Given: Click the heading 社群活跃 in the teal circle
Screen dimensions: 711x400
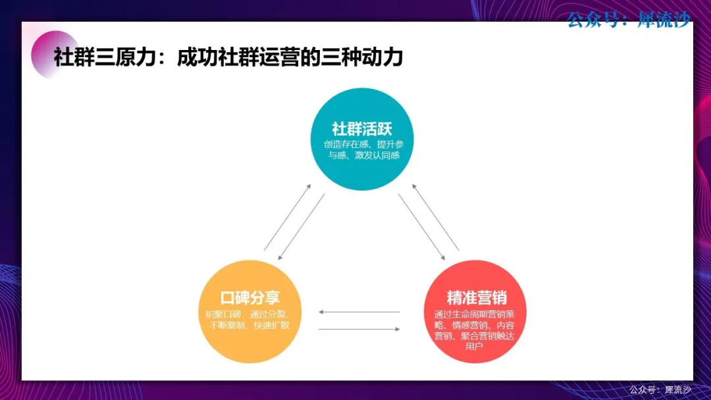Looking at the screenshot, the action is point(362,129).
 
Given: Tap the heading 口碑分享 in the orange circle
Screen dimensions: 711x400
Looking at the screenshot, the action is point(250,297).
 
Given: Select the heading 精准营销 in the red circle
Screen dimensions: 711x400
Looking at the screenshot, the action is point(477,297).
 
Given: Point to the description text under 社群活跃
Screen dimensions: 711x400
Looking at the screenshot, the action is point(363,149).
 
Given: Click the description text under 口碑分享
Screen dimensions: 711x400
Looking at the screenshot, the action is point(248,319).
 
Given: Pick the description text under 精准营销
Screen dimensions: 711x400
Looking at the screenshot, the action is point(474,330).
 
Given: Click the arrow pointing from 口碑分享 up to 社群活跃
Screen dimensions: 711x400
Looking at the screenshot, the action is point(288,217).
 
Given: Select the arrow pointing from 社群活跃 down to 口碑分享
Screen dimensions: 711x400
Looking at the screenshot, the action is point(302,226).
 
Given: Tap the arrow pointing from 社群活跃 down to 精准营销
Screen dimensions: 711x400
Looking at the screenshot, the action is point(422,226).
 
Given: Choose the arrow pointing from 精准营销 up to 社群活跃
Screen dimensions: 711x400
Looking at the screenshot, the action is point(435,217).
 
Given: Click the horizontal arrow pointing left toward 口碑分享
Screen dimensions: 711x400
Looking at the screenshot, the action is point(359,312).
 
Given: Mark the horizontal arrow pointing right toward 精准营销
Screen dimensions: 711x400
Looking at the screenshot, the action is point(359,330).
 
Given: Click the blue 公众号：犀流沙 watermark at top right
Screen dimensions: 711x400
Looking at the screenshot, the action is point(629,20).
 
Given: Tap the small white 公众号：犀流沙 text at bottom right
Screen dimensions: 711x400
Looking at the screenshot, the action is point(660,389).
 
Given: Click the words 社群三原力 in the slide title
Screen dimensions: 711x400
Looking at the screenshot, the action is point(105,57).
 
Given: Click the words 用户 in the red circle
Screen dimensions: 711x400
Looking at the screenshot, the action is point(474,347).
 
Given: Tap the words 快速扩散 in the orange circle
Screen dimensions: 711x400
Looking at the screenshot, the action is point(271,325).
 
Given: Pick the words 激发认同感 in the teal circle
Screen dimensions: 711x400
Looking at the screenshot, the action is point(377,155).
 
